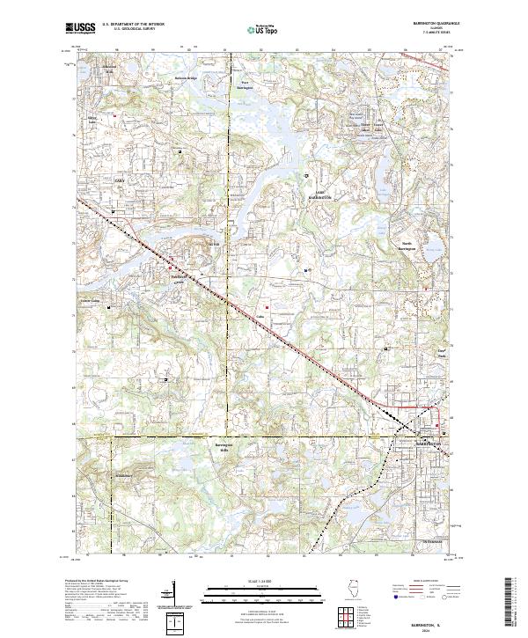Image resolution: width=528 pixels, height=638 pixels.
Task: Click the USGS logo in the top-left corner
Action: (x=81, y=28)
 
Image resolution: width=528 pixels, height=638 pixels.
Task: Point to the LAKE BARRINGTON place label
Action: (x=320, y=196)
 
